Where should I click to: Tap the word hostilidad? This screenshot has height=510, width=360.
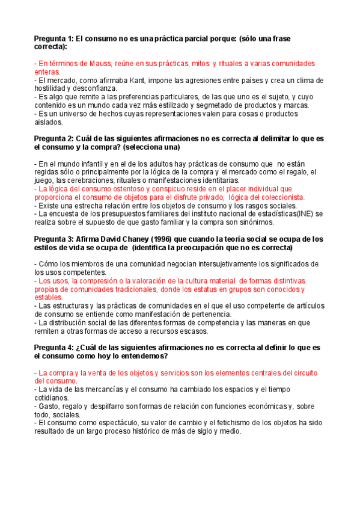(x=53, y=88)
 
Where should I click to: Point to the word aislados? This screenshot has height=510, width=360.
(x=49, y=122)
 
